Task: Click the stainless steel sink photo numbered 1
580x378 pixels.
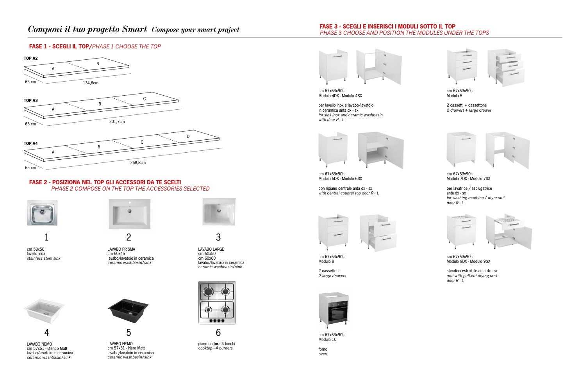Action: pos(42,213)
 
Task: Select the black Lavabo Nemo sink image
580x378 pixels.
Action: pos(128,310)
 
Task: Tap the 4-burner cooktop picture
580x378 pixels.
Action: pos(217,303)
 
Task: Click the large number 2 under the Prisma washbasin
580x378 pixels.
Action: pos(128,237)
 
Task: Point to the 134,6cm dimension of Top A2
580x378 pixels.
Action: pos(91,83)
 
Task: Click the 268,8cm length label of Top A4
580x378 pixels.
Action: pos(138,162)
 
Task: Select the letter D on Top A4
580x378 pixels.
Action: pos(188,136)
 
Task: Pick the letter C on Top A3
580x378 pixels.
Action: pos(145,99)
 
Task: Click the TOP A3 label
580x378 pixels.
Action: pos(30,100)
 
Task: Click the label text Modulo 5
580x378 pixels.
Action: pos(454,96)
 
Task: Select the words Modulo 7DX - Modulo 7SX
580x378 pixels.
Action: pos(468,178)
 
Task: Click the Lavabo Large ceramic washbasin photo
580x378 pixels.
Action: pos(219,212)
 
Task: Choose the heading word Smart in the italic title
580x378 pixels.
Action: pos(134,29)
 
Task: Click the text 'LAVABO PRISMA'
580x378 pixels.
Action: pos(121,249)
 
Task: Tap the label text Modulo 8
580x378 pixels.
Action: pos(326,261)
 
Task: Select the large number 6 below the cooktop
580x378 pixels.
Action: pos(218,332)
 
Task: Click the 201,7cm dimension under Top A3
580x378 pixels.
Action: pos(117,121)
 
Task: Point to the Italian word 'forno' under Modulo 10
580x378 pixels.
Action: pos(323,349)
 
